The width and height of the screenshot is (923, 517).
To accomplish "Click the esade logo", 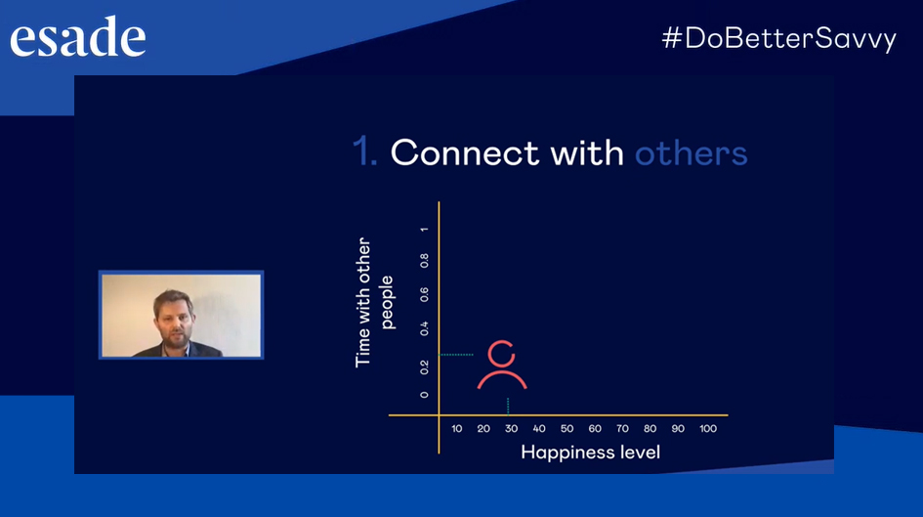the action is (78, 37).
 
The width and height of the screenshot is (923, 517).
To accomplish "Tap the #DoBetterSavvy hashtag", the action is (778, 39).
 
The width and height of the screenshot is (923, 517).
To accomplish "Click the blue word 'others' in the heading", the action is (692, 153).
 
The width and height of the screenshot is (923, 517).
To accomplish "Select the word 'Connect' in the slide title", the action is (465, 153).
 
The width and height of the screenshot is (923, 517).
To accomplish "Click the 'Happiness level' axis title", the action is (590, 452).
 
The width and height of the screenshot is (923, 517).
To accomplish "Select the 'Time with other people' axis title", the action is (373, 303).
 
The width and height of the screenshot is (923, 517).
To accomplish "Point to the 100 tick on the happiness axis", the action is (707, 429).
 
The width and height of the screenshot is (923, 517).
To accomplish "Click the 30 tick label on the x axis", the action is (511, 429).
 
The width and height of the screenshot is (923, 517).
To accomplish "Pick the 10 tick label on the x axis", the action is (457, 429).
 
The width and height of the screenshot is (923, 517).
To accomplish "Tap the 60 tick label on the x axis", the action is (595, 429).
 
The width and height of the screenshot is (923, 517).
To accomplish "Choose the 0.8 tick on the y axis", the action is (424, 260).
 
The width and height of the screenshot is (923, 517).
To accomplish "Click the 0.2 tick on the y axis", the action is (424, 367).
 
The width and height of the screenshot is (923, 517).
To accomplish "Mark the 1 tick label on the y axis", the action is (424, 229).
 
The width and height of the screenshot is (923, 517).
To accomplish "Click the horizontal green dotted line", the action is (457, 355).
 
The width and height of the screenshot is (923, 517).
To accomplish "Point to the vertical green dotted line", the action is (508, 406).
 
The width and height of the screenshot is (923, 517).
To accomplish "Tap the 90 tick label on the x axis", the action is (678, 429).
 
